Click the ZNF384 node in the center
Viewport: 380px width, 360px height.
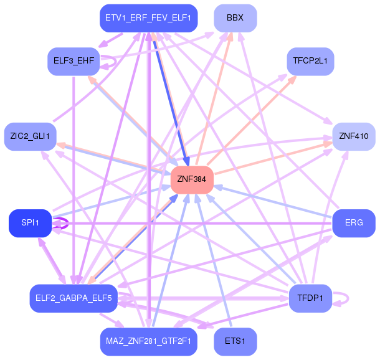(x=192, y=179)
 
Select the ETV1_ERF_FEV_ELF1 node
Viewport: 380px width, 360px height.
(x=148, y=18)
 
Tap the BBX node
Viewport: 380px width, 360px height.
(x=235, y=18)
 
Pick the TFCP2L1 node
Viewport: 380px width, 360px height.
(x=310, y=61)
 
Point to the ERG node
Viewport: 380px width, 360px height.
(x=353, y=223)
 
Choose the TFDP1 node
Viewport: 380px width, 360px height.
(x=310, y=298)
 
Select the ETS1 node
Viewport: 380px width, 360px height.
(x=235, y=341)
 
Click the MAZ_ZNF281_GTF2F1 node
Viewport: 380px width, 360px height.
(x=148, y=341)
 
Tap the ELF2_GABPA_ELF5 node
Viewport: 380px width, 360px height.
(x=74, y=298)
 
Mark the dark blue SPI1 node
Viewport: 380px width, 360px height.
(x=30, y=223)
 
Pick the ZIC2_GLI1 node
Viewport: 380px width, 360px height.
(x=30, y=136)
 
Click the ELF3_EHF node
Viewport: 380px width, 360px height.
(x=74, y=61)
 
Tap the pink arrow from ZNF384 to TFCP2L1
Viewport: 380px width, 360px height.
(x=252, y=118)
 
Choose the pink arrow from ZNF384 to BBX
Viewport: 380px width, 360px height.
(x=215, y=93)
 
